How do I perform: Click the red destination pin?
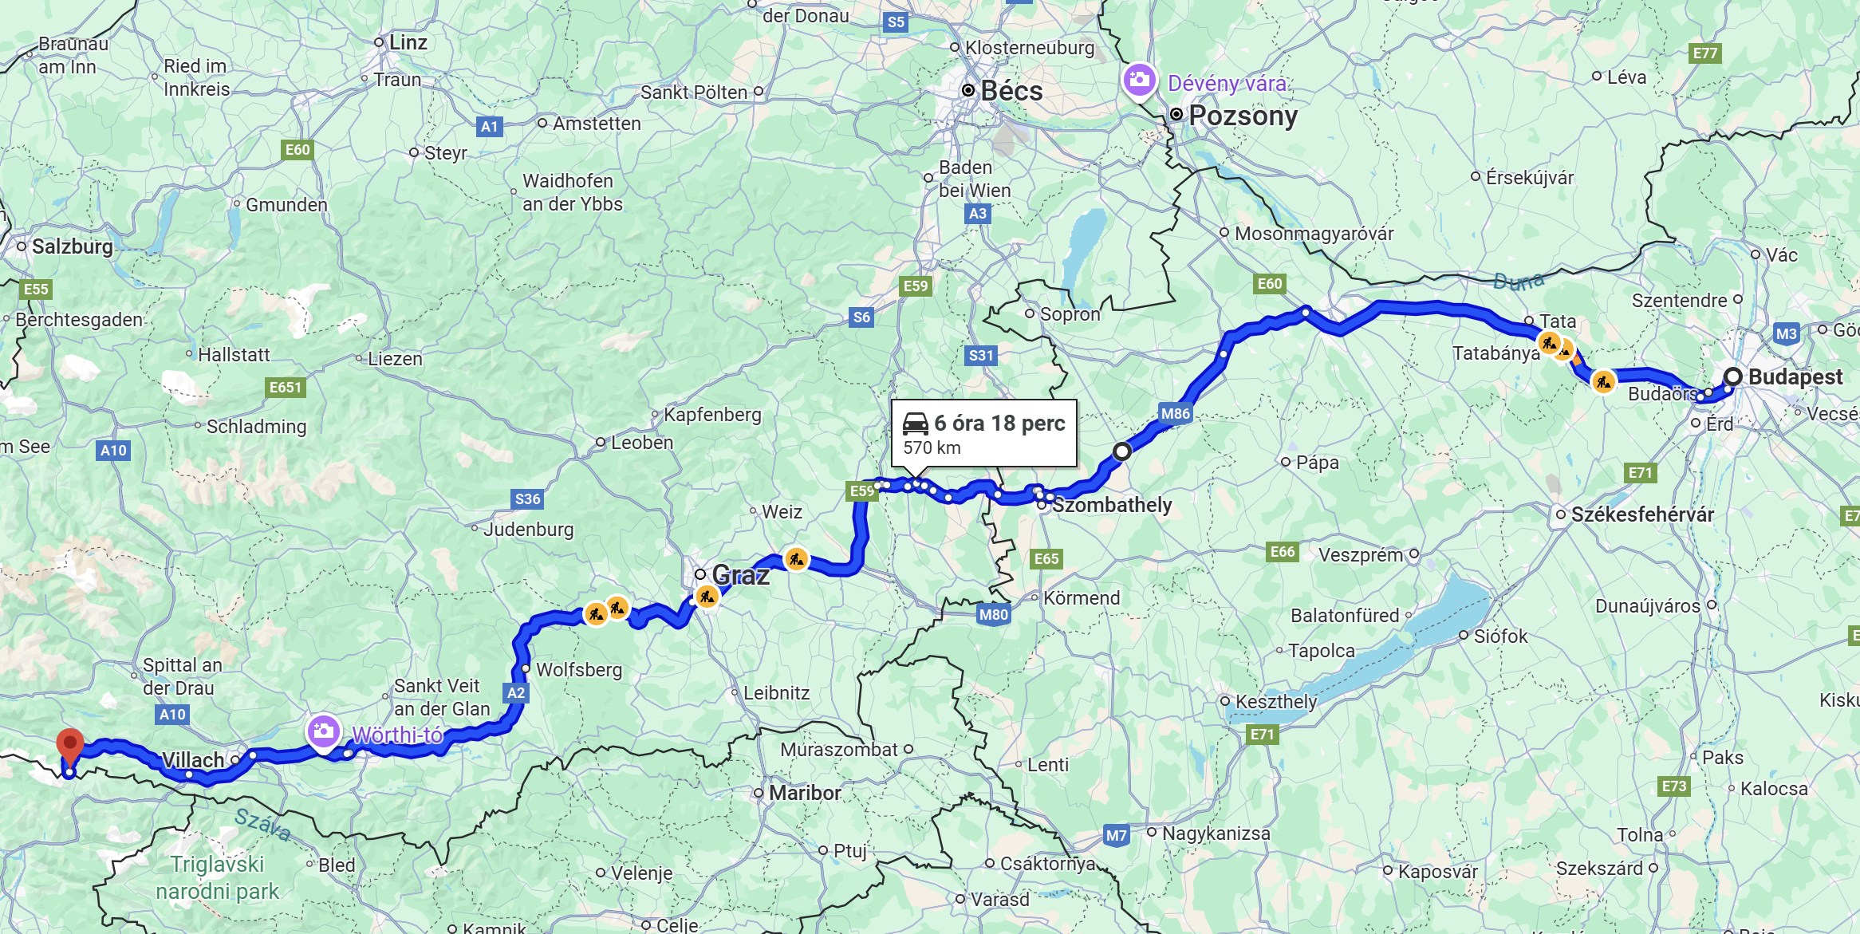point(70,747)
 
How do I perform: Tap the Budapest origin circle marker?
point(1732,376)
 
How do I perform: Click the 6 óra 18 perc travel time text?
point(999,424)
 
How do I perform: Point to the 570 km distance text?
point(932,448)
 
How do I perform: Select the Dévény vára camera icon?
point(1139,80)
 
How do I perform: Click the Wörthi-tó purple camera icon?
point(323,731)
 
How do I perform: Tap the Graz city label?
point(740,575)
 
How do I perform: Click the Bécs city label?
point(1011,91)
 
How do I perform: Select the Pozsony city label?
point(1243,116)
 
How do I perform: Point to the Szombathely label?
point(1112,505)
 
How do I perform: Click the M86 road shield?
point(1175,413)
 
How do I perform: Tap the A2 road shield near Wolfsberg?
point(516,692)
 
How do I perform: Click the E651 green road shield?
point(285,388)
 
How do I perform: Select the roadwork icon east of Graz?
point(796,559)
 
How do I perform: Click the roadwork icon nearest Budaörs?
point(1603,381)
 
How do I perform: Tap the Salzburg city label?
point(73,246)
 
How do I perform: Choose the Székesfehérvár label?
point(1642,514)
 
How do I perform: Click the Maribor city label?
point(804,793)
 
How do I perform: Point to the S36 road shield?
point(527,499)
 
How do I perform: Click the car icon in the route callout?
point(915,423)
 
